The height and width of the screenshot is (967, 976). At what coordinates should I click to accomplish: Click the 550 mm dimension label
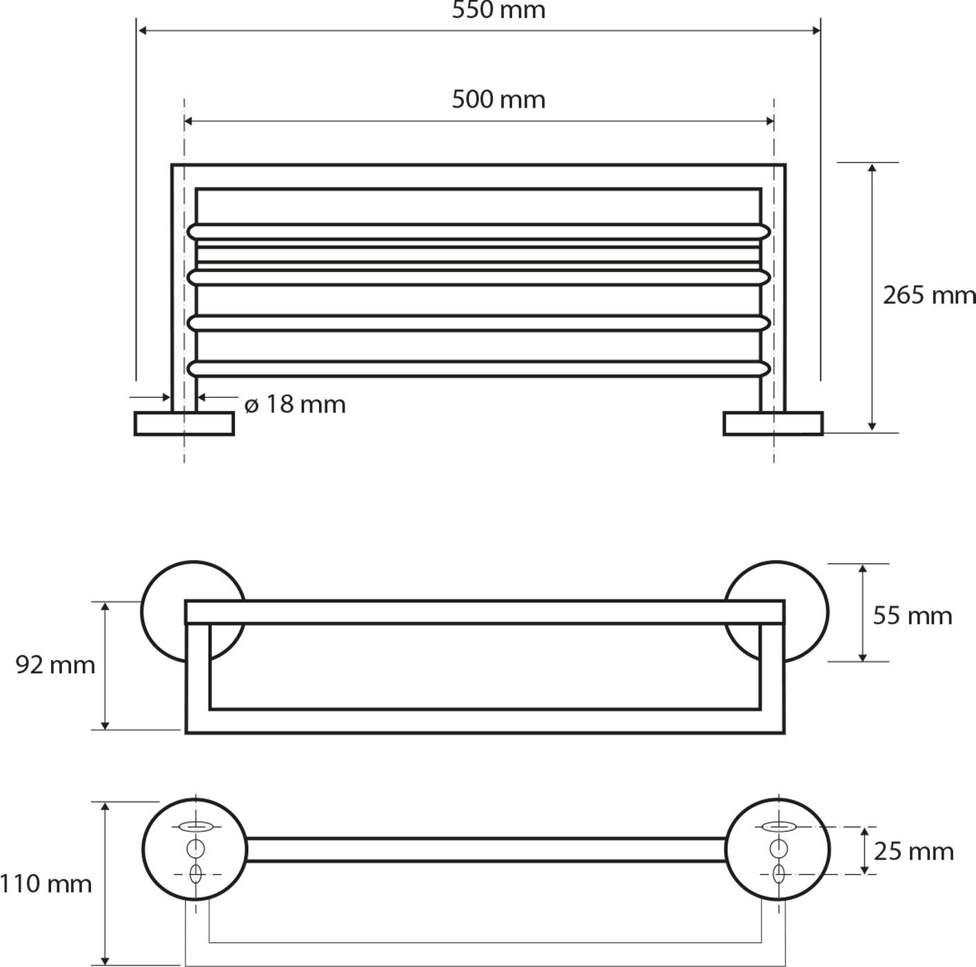(498, 10)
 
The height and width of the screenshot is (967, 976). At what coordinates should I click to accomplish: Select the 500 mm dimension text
(498, 99)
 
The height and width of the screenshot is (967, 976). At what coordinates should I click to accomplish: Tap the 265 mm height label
(929, 295)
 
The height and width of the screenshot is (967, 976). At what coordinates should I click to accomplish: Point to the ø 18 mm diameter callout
(295, 405)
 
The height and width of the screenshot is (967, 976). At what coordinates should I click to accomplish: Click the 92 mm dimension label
(55, 666)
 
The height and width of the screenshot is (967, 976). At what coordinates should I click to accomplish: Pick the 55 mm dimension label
(912, 616)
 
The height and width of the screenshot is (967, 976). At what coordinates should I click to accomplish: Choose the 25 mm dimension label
(914, 851)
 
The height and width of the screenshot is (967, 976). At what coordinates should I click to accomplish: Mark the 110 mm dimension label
(45, 884)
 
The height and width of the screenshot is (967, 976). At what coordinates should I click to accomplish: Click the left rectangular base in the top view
(184, 423)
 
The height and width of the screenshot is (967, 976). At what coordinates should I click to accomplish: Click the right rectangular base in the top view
(773, 423)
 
